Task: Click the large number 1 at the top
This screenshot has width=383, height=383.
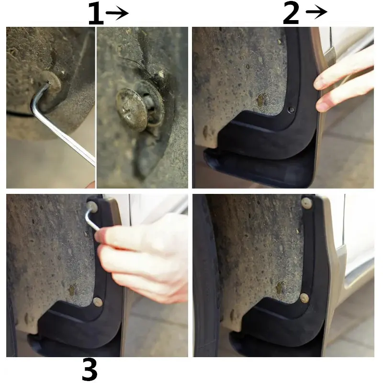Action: point(96,13)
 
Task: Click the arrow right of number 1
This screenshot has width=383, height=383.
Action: point(117,13)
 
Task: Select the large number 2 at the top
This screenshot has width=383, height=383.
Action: point(291,13)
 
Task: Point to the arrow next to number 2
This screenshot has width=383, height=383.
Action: point(316,11)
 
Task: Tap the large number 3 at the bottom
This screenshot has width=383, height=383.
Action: point(90,369)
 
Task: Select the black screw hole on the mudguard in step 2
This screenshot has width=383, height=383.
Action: point(291,110)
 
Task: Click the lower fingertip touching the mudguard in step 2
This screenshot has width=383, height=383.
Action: point(322,105)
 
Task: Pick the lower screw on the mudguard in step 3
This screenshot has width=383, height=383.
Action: point(98,302)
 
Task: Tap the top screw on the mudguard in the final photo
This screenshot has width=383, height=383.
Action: point(306,203)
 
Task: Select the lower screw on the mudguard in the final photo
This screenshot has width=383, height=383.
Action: point(304,298)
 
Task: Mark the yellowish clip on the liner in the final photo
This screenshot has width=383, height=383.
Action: point(280,288)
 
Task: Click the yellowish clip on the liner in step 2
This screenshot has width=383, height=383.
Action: point(261,100)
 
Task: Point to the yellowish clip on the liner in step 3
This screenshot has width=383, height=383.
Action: point(72,290)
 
